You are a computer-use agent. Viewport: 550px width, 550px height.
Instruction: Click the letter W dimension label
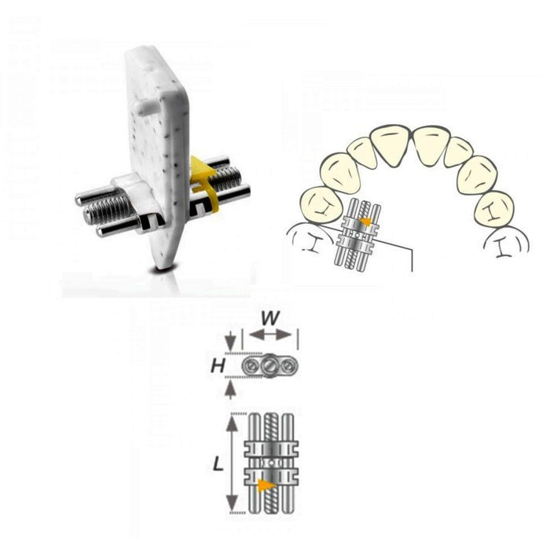pyautogui.click(x=270, y=318)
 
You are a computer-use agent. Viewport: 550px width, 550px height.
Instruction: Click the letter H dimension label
pyautogui.click(x=218, y=367)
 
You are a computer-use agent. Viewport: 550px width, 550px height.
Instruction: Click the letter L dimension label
pyautogui.click(x=218, y=465)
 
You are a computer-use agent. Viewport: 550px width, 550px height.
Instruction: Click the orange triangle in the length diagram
pyautogui.click(x=266, y=486)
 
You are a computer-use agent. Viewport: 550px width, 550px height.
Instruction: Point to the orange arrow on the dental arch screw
pyautogui.click(x=366, y=222)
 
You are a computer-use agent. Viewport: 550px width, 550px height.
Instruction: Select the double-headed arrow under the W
pyautogui.click(x=270, y=335)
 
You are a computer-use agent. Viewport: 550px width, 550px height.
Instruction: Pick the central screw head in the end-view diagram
pyautogui.click(x=269, y=366)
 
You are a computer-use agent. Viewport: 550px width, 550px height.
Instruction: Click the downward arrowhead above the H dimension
pyautogui.click(x=229, y=342)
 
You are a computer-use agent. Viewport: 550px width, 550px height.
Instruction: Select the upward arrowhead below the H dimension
pyautogui.click(x=229, y=390)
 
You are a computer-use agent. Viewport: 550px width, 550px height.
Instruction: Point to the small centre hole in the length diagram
pyautogui.click(x=271, y=463)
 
